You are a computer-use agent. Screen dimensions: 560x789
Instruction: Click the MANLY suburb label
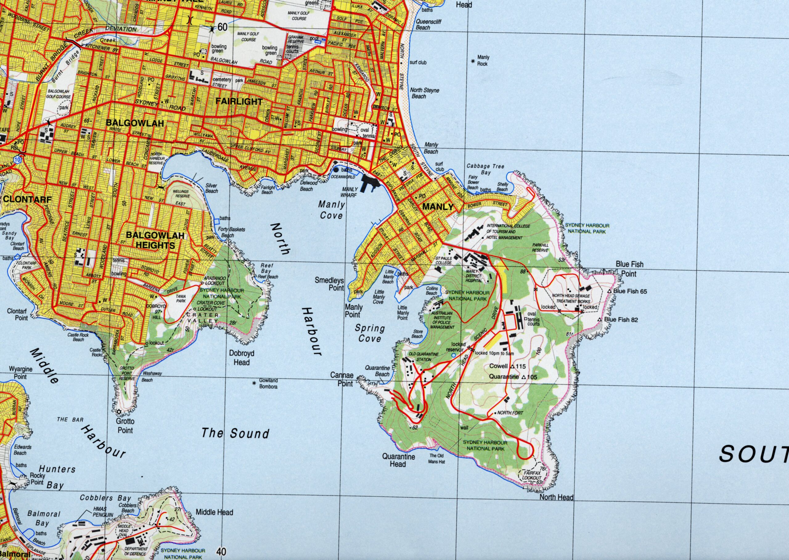point(438,207)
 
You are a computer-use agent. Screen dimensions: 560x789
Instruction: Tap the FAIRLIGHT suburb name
point(239,102)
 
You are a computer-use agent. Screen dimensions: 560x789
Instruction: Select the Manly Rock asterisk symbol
point(473,61)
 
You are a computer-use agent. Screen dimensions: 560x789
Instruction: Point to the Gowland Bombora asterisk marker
point(254,383)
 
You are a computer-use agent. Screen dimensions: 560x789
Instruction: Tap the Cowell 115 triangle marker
point(512,367)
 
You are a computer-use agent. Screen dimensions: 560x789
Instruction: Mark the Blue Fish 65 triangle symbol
point(609,291)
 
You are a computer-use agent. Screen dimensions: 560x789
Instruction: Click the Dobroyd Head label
point(242,358)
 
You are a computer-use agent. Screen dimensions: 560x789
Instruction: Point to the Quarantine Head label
point(398,460)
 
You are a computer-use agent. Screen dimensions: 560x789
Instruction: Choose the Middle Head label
point(214,513)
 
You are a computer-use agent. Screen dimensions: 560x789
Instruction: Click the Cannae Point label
point(341,379)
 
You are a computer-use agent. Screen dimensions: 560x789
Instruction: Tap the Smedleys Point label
point(329,284)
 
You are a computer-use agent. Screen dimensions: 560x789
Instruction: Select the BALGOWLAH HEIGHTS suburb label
point(155,240)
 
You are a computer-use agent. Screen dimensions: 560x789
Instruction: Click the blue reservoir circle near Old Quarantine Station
point(453,355)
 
